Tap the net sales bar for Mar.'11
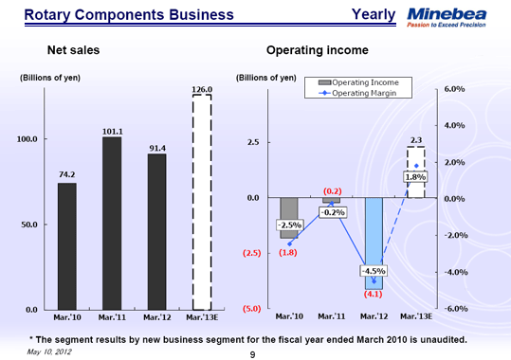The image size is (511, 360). pos(112,223)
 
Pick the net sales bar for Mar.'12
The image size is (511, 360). pos(157,231)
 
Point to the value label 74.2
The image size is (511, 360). pos(66,174)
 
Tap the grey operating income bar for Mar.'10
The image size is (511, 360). pos(288,218)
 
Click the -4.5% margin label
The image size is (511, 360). pos(372,272)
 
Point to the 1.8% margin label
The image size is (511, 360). pos(415,177)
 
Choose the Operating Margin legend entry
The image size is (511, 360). pos(365,94)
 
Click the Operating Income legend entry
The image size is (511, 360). pos(365,83)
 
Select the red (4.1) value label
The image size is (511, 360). pos(373,294)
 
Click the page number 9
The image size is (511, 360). pos(253,353)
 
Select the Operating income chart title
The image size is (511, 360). pos(318,49)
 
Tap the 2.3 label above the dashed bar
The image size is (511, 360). pos(415,140)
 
